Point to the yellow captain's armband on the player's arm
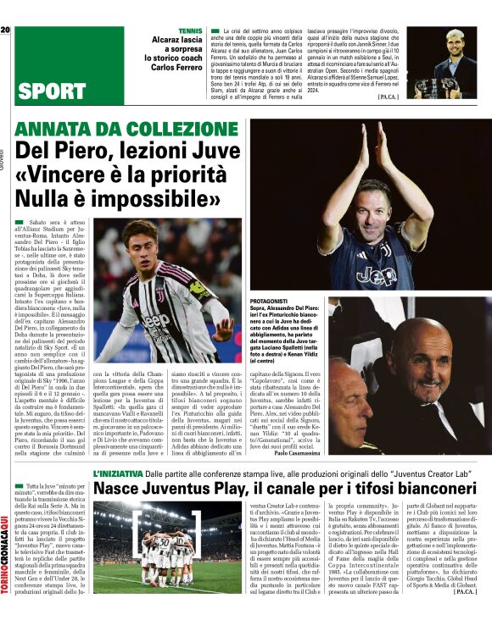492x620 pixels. [x=200, y=289]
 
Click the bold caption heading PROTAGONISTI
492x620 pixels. [x=273, y=302]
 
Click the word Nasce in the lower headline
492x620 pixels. [x=119, y=490]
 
